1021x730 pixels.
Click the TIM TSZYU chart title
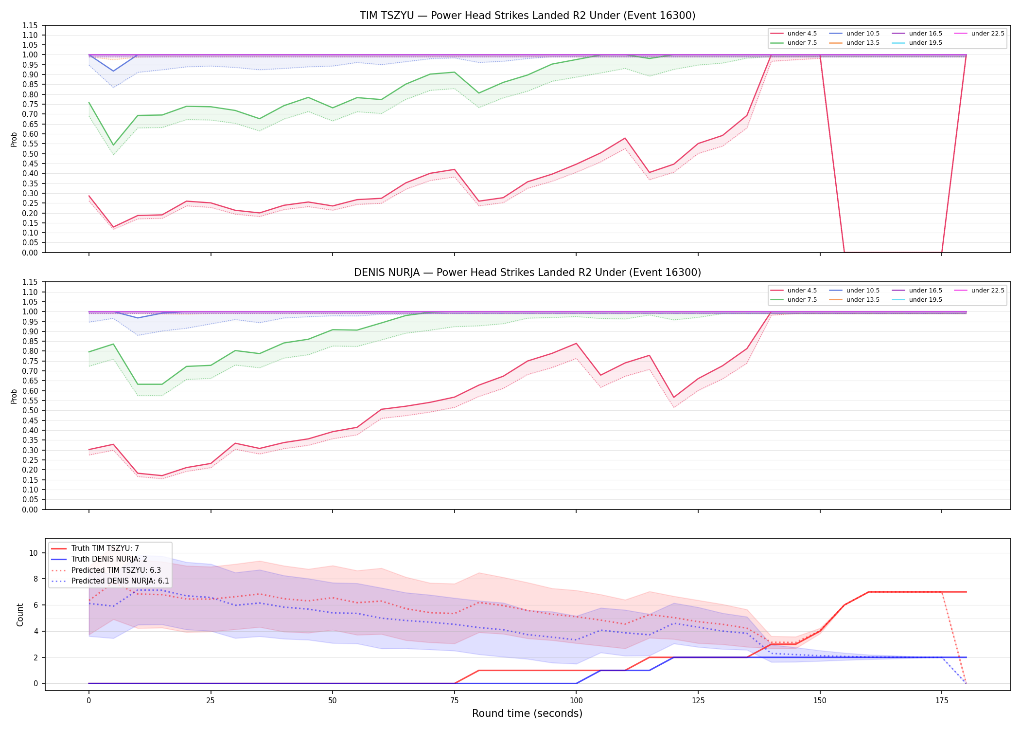(x=528, y=16)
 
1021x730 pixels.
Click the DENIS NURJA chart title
(x=528, y=273)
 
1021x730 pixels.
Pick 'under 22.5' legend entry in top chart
(x=979, y=34)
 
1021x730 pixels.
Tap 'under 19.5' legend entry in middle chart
(x=917, y=300)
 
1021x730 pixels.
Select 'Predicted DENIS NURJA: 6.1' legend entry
(x=110, y=581)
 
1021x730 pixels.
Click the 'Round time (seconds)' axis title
(x=528, y=713)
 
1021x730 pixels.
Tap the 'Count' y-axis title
(x=20, y=615)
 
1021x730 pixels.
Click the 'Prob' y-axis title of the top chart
(x=14, y=139)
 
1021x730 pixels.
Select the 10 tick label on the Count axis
(x=34, y=553)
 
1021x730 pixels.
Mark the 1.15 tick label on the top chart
(x=30, y=25)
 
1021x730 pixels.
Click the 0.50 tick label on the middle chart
(x=30, y=410)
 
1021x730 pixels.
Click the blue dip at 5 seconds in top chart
(x=113, y=71)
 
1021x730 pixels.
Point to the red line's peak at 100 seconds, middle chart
(x=576, y=344)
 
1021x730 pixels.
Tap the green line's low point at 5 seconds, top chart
(x=113, y=145)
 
